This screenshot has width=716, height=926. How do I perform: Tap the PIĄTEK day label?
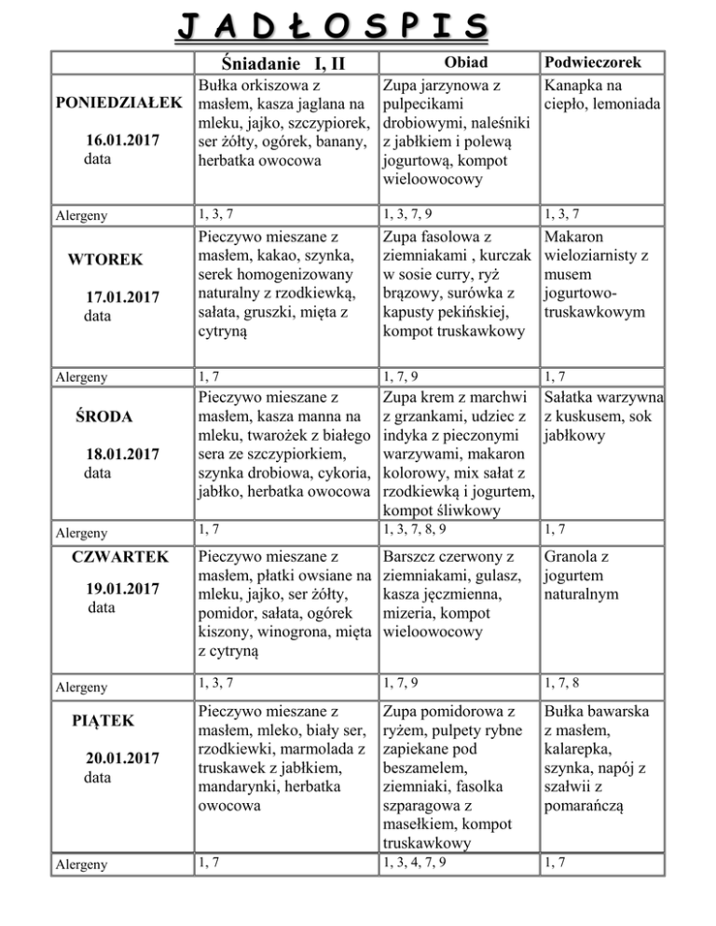pyautogui.click(x=104, y=720)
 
